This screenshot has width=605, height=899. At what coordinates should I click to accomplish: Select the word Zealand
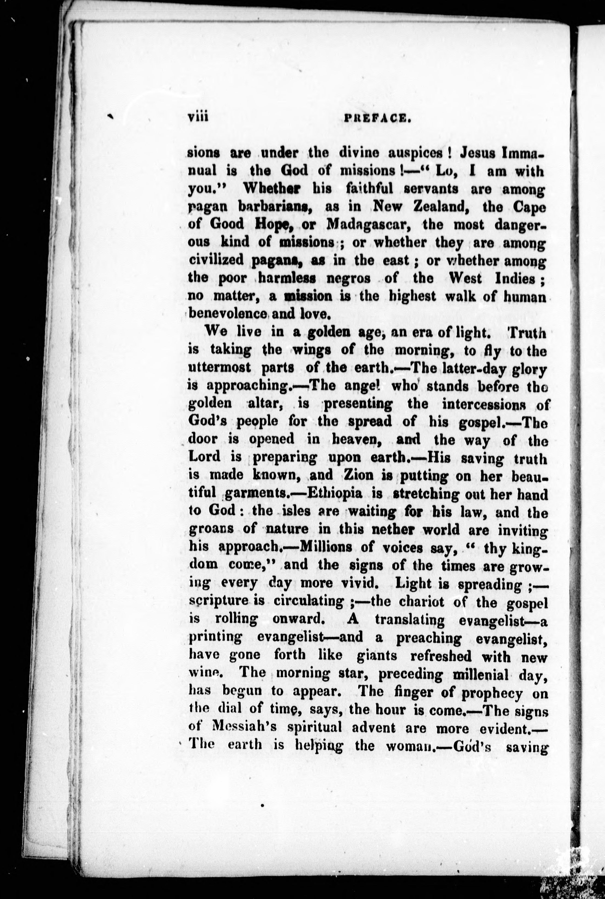point(435,206)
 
